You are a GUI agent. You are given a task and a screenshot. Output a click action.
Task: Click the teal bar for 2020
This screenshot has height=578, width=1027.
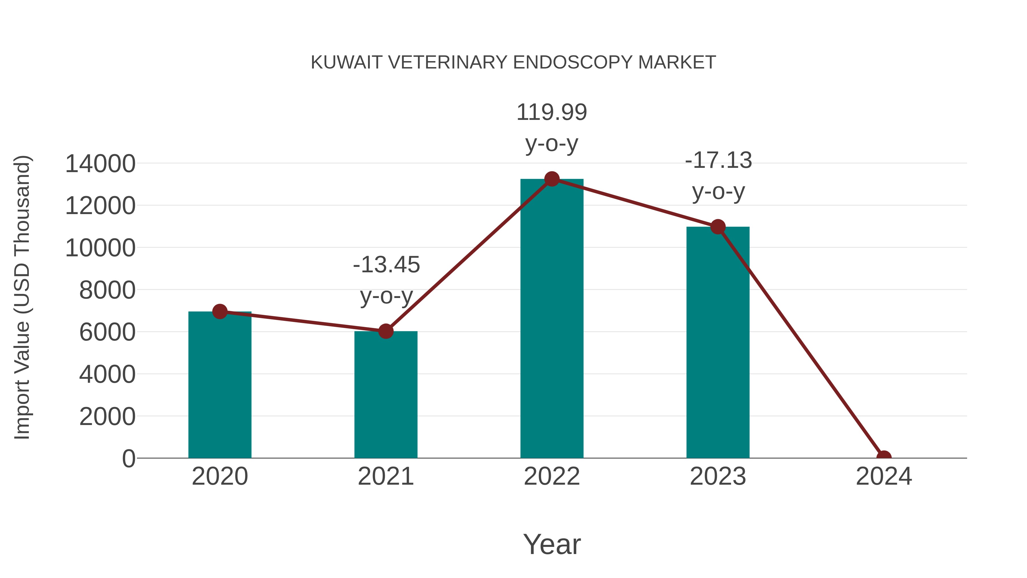click(220, 385)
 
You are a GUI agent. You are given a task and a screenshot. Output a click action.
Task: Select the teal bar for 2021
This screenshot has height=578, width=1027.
click(385, 395)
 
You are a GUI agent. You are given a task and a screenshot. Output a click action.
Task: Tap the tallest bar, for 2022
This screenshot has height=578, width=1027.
click(552, 319)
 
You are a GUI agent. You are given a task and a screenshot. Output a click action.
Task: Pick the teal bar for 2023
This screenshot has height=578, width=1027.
click(718, 343)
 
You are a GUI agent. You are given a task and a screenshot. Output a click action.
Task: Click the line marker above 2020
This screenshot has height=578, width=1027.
click(220, 311)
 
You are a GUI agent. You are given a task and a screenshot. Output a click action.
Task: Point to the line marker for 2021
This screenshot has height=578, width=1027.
click(385, 331)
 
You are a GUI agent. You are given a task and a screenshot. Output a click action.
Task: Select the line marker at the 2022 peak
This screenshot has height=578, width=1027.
click(552, 179)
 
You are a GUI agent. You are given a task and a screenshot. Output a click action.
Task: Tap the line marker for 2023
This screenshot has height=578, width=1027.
click(718, 227)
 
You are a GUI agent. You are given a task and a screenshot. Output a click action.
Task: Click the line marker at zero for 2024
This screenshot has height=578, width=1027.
click(884, 457)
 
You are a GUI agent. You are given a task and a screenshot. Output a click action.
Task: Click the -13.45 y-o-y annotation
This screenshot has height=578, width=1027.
click(386, 280)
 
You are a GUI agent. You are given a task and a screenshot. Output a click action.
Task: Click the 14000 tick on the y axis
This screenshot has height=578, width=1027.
click(100, 164)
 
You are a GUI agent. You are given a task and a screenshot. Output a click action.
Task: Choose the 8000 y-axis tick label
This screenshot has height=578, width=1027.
click(107, 290)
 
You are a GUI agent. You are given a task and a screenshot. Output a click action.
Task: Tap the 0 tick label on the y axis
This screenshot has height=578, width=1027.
click(129, 458)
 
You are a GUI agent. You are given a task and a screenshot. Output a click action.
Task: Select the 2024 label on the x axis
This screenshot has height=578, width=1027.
click(884, 476)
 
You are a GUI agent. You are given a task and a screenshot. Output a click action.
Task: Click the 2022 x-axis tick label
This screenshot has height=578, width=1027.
click(552, 476)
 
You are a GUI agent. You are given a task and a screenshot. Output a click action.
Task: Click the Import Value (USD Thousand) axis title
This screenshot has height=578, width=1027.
click(22, 297)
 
